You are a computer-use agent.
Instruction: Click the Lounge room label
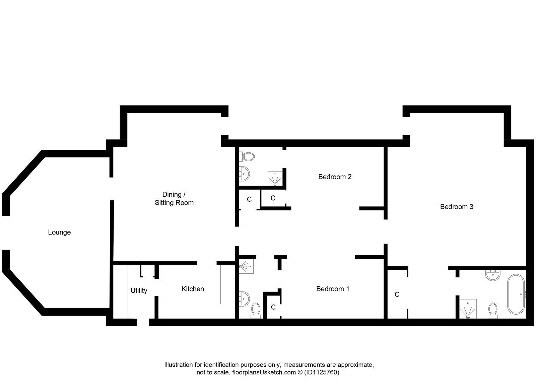59,232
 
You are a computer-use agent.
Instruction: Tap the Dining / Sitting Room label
174,198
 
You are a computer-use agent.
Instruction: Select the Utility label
139,291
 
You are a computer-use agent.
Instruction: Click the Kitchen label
193,289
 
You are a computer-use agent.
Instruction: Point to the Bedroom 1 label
333,289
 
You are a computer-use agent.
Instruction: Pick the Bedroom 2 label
335,177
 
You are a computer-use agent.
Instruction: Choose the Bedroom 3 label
456,207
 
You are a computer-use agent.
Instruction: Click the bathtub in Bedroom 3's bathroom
516,295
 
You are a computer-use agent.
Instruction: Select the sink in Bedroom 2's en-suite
244,174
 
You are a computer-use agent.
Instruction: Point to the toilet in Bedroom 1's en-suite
256,309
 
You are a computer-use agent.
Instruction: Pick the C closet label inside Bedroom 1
273,307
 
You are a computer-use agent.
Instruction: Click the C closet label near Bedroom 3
397,295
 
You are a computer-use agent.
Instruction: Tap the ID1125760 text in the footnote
322,372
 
